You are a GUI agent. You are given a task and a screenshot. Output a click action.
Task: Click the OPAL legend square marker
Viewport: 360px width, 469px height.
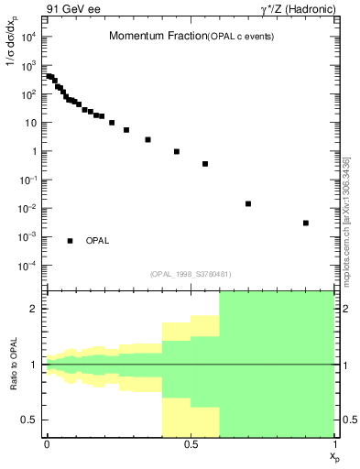pyautogui.click(x=70, y=241)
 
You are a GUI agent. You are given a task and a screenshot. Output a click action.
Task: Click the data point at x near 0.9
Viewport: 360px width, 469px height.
pyautogui.click(x=306, y=223)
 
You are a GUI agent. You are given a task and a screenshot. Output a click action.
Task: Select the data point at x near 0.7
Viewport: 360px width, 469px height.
pyautogui.click(x=248, y=203)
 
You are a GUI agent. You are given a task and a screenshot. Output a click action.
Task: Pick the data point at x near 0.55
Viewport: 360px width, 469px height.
pyautogui.click(x=205, y=164)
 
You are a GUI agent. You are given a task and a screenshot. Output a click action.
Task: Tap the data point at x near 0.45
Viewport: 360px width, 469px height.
pyautogui.click(x=177, y=151)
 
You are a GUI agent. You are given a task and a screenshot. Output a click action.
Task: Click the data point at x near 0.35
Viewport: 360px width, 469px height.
pyautogui.click(x=147, y=139)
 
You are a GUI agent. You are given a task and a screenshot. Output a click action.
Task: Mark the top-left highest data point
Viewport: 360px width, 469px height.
pyautogui.click(x=49, y=76)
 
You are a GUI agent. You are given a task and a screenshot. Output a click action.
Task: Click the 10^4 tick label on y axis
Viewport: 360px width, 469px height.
pyautogui.click(x=28, y=37)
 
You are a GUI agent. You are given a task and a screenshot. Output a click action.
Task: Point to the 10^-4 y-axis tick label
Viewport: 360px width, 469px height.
pyautogui.click(x=27, y=266)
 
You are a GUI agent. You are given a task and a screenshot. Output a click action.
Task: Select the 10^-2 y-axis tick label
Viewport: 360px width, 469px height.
pyautogui.click(x=27, y=209)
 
